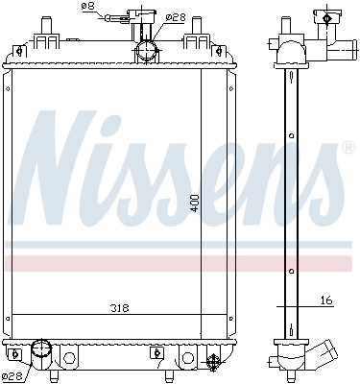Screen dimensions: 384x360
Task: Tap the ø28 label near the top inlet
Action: pyautogui.click(x=175, y=16)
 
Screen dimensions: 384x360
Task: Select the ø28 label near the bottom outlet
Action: pyautogui.click(x=12, y=375)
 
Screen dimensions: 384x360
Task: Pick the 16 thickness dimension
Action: pyautogui.click(x=326, y=300)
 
